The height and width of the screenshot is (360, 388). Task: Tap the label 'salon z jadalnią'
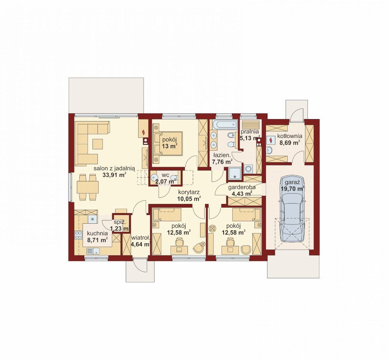(114, 169)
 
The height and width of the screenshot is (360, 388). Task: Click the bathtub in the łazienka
(225, 124)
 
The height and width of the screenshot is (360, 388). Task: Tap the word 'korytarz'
(189, 192)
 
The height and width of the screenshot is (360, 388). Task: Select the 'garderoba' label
(242, 187)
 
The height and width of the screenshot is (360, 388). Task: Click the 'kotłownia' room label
(289, 136)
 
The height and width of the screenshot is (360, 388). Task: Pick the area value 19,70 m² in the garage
(293, 189)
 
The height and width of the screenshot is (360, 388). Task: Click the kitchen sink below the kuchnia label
(93, 251)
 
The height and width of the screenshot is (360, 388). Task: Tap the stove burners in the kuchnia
(79, 235)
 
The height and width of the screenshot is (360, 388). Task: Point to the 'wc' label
(165, 175)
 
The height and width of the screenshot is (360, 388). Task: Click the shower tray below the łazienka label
(235, 173)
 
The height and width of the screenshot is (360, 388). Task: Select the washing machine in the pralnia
(248, 169)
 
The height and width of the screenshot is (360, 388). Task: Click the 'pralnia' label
(250, 132)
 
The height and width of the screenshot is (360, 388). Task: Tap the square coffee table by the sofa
(97, 144)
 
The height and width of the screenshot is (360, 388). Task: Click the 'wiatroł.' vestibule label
(141, 238)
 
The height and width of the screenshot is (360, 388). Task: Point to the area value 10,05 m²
(189, 198)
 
